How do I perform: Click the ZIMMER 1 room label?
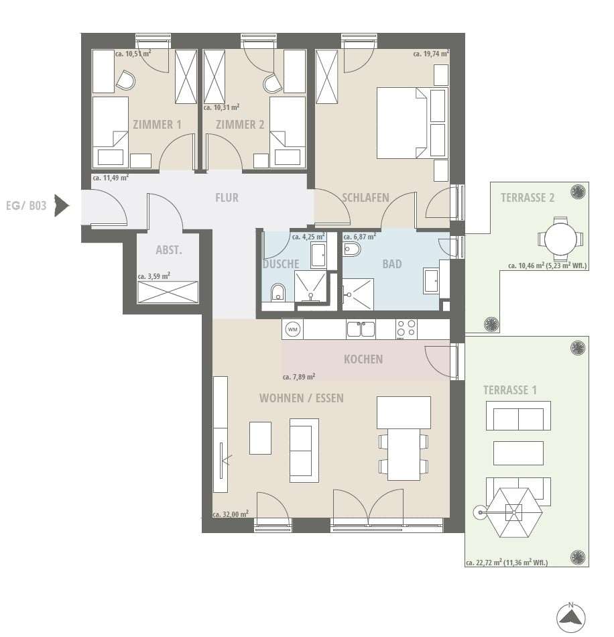(x=157, y=124)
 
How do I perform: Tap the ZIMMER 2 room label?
(x=240, y=124)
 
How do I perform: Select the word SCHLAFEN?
(x=365, y=198)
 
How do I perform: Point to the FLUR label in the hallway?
(x=227, y=198)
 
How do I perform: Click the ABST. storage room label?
(x=169, y=250)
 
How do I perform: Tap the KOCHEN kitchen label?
(x=363, y=359)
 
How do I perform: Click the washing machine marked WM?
(x=292, y=329)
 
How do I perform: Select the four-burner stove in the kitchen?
(x=406, y=329)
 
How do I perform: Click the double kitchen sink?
(x=361, y=329)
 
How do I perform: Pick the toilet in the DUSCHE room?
(x=278, y=292)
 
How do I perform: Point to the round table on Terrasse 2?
(x=560, y=239)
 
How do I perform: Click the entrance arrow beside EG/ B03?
(x=62, y=206)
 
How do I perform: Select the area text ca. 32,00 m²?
(x=231, y=514)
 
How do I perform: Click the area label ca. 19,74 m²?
(x=431, y=53)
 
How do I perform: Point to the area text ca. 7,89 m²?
(x=299, y=377)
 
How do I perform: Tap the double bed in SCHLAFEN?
(x=402, y=123)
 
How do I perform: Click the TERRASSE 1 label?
(x=509, y=390)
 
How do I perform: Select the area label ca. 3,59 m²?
(x=153, y=276)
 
